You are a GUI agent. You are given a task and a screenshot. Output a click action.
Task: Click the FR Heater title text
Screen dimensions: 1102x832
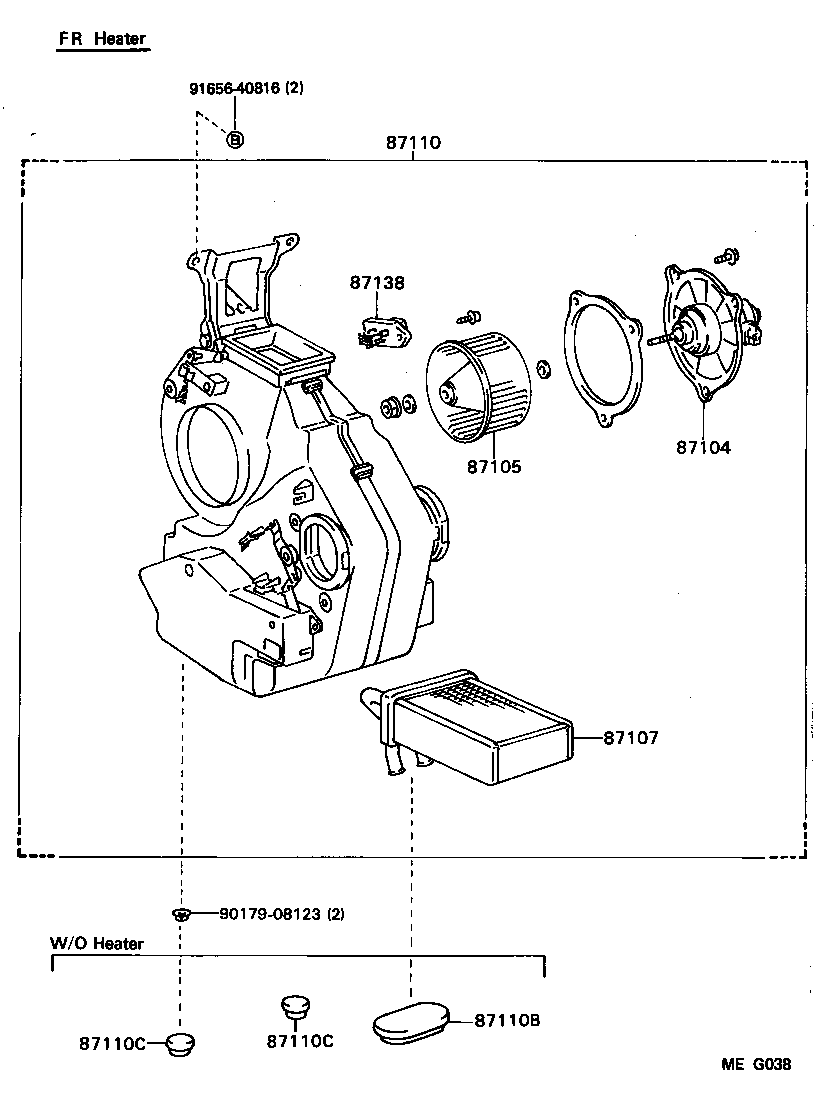tap(101, 39)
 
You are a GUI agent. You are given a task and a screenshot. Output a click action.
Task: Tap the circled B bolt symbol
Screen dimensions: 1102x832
tap(235, 139)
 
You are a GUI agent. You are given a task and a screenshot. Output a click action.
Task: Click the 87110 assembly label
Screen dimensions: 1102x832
tap(413, 143)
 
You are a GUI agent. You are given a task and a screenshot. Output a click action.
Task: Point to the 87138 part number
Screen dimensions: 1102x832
tap(377, 283)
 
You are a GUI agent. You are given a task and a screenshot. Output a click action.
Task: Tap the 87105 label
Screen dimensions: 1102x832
tap(493, 466)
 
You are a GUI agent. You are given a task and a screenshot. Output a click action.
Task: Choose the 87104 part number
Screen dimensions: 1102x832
tap(703, 447)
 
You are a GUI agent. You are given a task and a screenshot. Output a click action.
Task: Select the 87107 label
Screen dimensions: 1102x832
tap(631, 738)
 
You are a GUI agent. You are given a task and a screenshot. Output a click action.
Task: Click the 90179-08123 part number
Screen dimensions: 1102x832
tap(268, 913)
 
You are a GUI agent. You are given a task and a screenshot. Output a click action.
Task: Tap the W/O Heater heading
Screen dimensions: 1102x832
tap(97, 943)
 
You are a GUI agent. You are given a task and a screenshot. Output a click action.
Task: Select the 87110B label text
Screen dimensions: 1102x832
tap(507, 1020)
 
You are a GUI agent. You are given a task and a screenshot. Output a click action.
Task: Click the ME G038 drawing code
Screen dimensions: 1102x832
tap(756, 1065)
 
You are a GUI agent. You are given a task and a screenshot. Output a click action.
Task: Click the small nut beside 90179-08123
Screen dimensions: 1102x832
tap(180, 913)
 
